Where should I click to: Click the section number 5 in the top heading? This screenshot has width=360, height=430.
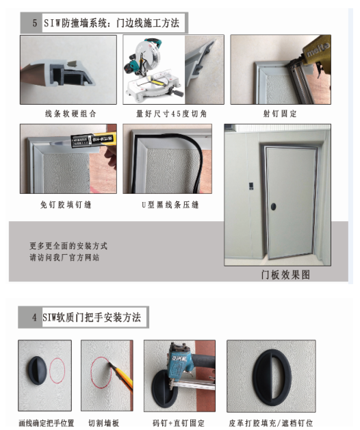tap(35, 23)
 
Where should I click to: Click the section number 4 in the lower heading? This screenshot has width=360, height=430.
tap(34, 318)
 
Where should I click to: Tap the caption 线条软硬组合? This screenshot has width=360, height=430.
tap(70, 114)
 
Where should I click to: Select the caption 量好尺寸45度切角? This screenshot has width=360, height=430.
tap(171, 114)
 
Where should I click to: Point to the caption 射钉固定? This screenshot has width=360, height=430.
tap(280, 114)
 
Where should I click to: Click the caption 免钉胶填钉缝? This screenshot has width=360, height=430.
tap(66, 205)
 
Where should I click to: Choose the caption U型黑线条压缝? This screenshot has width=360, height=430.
tap(170, 205)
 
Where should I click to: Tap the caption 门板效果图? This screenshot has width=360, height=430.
tap(285, 275)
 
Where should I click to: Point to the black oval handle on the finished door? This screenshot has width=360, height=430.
tap(273, 207)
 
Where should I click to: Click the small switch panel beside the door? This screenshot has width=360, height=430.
tap(251, 186)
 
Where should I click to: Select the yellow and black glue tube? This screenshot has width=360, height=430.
tap(93, 140)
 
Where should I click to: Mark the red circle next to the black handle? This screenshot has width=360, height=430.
tap(57, 370)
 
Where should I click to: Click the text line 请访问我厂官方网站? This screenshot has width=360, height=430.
tap(64, 257)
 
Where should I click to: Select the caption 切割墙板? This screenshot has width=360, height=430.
tap(103, 423)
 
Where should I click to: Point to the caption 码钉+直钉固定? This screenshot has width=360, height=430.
tap(179, 423)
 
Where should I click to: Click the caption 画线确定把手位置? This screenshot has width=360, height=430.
tap(47, 423)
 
